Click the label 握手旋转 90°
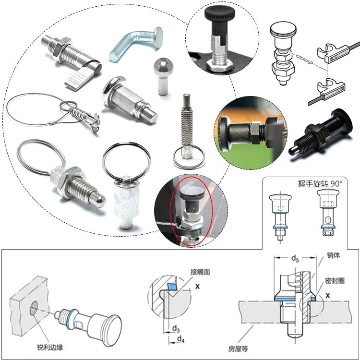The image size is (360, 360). [320, 184]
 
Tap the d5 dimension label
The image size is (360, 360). [295, 259]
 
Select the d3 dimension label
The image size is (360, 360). [176, 329]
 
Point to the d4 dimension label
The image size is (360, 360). [180, 339]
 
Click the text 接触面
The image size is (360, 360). [200, 272]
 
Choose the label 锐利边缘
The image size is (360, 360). [50, 347]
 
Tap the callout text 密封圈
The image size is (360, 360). [335, 281]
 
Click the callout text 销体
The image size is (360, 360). [334, 255]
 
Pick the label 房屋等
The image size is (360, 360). [238, 349]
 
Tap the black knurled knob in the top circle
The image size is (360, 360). [217, 14]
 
